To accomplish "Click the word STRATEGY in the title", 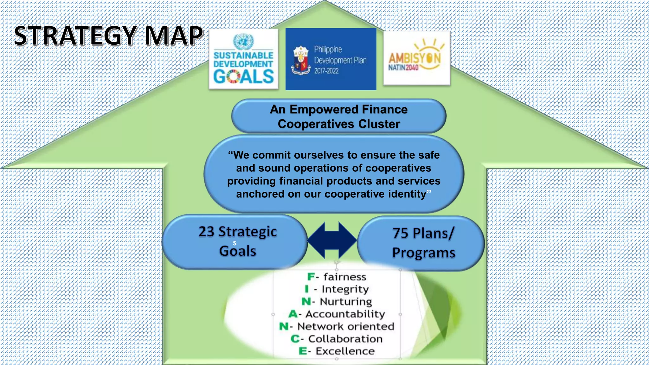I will pos(75,36).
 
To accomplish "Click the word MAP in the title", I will pos(174,36).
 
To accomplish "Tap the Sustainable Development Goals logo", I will pos(243,60).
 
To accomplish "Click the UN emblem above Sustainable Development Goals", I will pos(243,41).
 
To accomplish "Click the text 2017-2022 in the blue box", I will pos(326,71).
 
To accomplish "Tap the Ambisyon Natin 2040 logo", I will pos(416,58).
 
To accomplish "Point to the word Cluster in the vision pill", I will pos(379,124).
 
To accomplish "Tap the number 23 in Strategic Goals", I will pos(206,232).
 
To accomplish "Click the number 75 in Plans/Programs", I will pos(401,233).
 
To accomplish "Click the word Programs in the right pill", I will pos(423,253).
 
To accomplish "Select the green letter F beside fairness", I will pos(311,277).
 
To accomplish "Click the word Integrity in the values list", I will pos(345,289).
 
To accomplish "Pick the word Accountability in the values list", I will pos(345,314).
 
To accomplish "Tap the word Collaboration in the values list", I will pos(345,339).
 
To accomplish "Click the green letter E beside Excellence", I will pos(303,351).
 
